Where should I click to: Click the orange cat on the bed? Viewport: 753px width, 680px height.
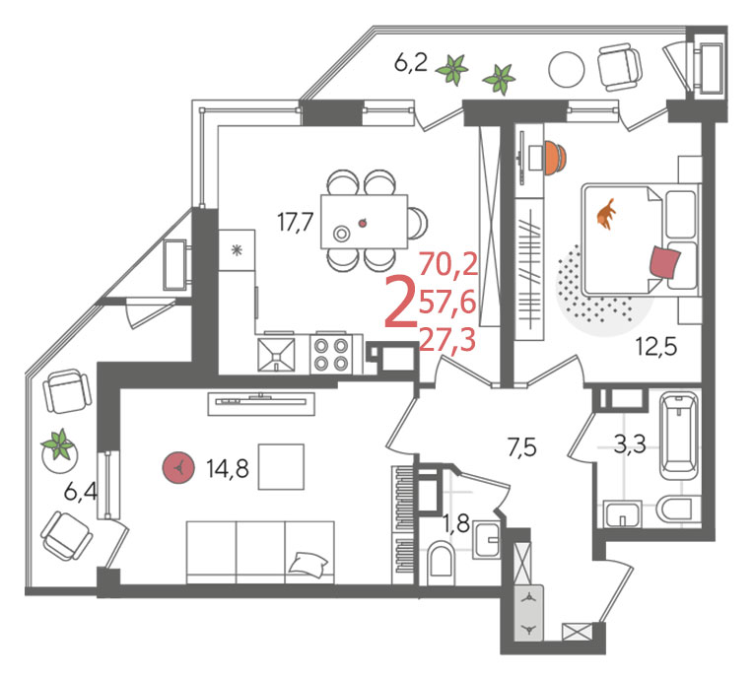click(606, 214)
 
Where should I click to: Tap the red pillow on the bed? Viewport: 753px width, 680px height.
click(665, 263)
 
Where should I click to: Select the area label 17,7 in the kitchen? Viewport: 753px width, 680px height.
click(296, 223)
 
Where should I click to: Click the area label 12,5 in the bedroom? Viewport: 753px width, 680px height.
click(656, 346)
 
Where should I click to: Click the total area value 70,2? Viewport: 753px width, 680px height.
click(448, 264)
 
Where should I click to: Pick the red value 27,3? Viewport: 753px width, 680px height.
click(447, 340)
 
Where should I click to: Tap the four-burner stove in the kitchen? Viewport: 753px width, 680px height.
click(331, 355)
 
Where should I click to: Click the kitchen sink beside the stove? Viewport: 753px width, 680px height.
click(276, 355)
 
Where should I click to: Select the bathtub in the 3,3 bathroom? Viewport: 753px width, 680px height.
click(678, 436)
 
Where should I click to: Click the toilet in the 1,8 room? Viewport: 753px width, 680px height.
click(441, 560)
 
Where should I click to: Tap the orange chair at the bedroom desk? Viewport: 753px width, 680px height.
click(556, 157)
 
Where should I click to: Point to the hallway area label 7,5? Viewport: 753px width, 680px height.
click(521, 448)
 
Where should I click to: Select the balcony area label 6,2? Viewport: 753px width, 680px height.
click(411, 63)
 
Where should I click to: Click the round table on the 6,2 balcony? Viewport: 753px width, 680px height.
click(567, 69)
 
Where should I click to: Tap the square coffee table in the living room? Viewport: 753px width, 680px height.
click(281, 467)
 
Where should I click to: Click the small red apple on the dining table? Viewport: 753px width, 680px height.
click(364, 223)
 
